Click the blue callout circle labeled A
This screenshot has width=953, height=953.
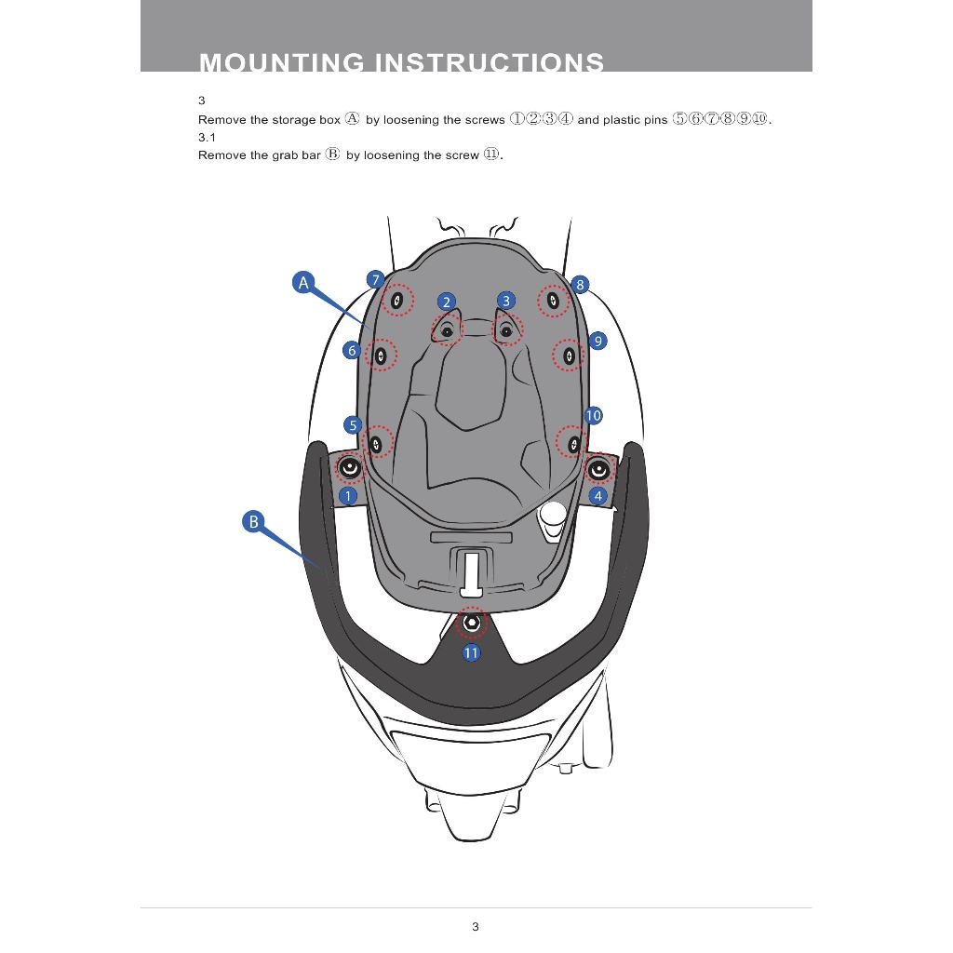(x=302, y=282)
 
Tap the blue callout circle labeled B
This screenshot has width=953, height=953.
(x=253, y=521)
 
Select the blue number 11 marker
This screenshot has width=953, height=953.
(x=471, y=652)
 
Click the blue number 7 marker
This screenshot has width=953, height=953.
(x=375, y=279)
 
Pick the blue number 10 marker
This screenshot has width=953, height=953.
(x=593, y=415)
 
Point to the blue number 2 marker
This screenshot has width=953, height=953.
(x=447, y=302)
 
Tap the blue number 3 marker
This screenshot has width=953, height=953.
(x=506, y=300)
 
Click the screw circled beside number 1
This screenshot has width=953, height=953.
(x=349, y=468)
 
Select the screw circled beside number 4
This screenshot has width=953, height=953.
(x=598, y=469)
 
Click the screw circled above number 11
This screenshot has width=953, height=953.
(x=472, y=622)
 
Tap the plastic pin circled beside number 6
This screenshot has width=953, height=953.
(x=380, y=355)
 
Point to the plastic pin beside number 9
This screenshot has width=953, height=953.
(x=569, y=355)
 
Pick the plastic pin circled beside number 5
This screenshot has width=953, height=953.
(x=376, y=443)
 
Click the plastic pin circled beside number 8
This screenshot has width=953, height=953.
(x=553, y=300)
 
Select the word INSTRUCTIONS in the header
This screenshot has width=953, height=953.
(x=490, y=62)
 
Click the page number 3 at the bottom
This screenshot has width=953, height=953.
(x=476, y=926)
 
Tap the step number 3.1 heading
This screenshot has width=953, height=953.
(x=207, y=137)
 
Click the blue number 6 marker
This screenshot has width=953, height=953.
(x=352, y=350)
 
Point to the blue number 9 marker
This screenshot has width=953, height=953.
(x=597, y=341)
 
